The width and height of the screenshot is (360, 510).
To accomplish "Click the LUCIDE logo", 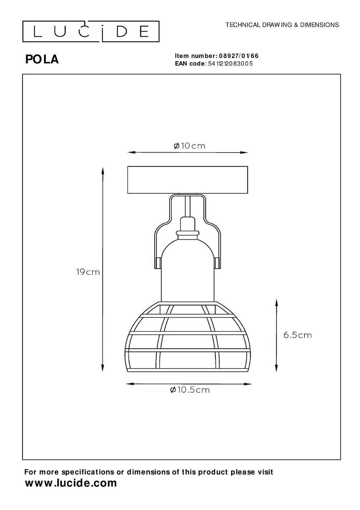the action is [91, 31].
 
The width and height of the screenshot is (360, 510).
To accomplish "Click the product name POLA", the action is [42, 60].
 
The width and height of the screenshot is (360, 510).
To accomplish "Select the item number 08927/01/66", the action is [238, 56].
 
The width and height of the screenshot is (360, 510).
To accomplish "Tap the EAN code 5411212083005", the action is [230, 63].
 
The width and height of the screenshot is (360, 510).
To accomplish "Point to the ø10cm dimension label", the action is [189, 146].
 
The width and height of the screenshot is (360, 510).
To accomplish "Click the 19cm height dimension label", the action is [88, 272].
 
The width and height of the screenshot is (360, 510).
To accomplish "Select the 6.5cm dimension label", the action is [297, 335].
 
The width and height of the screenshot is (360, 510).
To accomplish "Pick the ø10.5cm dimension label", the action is [190, 390].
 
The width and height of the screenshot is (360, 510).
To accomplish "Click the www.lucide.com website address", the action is [71, 483].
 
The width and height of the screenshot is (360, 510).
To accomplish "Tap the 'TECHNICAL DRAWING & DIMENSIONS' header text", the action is [282, 25].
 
